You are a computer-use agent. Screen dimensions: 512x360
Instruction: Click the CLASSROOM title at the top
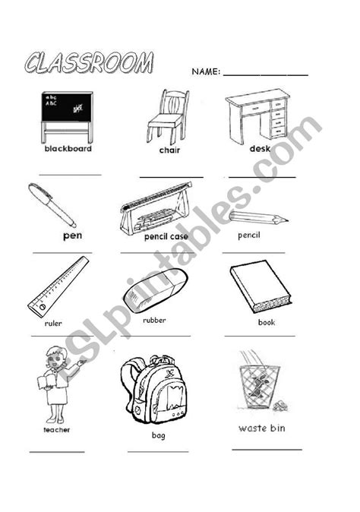point(88,63)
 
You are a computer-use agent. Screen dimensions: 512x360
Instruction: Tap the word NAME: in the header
point(205,72)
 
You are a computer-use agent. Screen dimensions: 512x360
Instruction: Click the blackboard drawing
point(67,115)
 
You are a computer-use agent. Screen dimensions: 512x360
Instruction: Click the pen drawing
point(52,205)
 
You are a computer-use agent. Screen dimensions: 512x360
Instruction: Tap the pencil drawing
point(258,219)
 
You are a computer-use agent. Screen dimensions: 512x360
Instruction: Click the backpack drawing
point(156,390)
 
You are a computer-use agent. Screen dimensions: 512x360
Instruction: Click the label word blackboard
point(68,149)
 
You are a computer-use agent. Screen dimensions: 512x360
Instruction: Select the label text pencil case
point(166,236)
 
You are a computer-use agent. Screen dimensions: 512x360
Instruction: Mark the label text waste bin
point(262,428)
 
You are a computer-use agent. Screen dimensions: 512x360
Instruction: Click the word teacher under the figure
point(56,430)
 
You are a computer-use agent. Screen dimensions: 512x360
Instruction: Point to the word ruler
point(53,323)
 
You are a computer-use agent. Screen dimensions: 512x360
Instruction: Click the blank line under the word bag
point(158,451)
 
